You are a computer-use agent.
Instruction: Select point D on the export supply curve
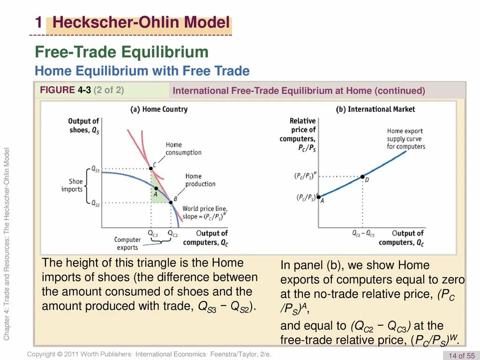pos(362,177)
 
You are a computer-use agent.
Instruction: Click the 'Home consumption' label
pos(183,149)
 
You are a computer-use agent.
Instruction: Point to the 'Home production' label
pos(200,180)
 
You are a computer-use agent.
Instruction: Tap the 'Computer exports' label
pos(127,243)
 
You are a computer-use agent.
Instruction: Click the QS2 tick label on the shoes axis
pos(95,203)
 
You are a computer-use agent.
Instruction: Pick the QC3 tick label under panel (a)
pos(153,233)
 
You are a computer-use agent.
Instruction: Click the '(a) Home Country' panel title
pos(158,109)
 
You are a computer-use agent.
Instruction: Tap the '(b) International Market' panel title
pos(375,109)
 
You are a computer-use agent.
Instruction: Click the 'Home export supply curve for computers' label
pos(406,139)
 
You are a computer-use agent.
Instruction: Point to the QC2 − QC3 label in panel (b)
pos(363,233)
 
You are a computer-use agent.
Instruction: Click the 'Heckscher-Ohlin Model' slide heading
pos(141,22)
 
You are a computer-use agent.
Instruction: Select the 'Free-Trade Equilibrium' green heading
pos(122,52)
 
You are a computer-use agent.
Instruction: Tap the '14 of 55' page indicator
pos(462,355)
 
